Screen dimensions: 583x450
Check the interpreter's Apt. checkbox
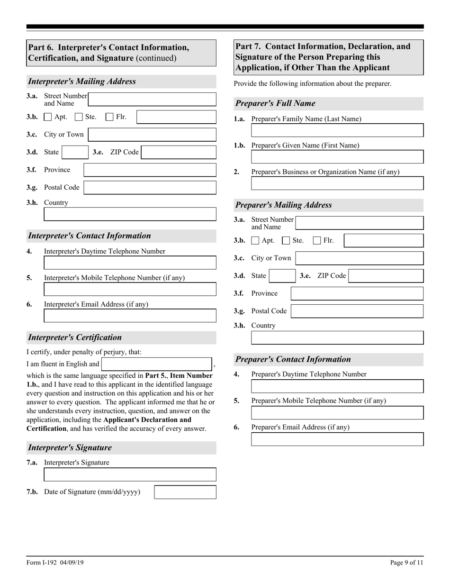click(48, 117)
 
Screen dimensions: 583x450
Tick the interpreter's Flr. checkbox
click(109, 117)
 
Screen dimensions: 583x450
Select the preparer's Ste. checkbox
click(286, 241)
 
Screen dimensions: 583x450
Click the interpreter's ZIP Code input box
click(179, 152)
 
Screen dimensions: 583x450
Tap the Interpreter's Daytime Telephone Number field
click(130, 263)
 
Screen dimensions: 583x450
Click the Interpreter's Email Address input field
click(130, 316)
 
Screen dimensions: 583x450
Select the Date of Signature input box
click(185, 492)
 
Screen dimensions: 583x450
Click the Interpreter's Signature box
click(130, 474)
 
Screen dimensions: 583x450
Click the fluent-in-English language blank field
click(157, 364)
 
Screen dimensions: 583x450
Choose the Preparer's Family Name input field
click(337, 131)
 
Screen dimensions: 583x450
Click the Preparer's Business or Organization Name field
click(337, 183)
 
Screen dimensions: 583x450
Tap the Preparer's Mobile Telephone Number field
click(337, 413)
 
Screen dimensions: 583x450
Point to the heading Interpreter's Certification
click(75, 337)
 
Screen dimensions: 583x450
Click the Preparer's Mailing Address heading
click(283, 205)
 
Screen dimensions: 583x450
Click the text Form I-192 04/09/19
click(55, 563)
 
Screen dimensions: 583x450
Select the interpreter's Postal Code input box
click(150, 188)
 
